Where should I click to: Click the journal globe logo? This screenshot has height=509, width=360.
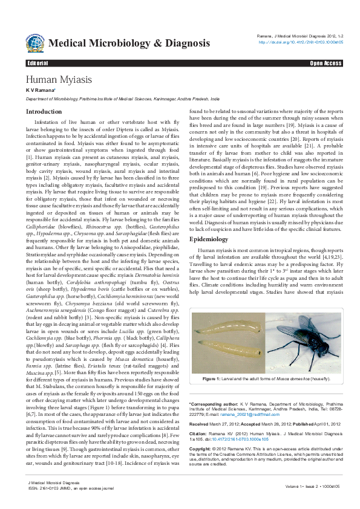(34, 42)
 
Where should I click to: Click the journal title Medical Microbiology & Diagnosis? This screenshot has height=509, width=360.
(129, 44)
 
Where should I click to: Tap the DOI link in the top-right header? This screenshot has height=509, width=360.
(301, 42)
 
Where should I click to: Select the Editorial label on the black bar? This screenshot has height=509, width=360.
(38, 63)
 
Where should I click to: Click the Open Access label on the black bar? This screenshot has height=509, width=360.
(326, 63)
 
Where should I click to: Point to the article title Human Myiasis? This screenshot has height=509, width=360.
(59, 80)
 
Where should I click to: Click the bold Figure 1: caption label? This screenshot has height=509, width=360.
(213, 378)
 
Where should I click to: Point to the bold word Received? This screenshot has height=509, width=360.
(200, 424)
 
